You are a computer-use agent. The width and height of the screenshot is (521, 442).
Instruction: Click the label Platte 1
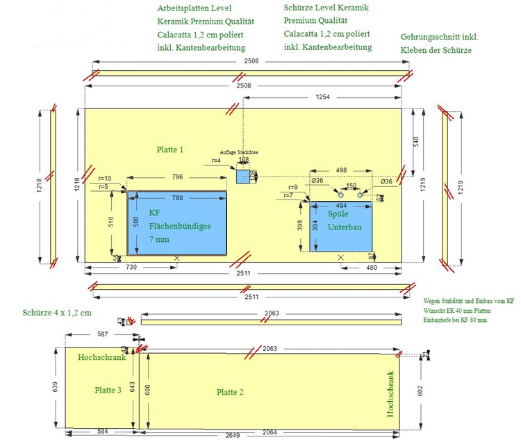pyautogui.click(x=170, y=149)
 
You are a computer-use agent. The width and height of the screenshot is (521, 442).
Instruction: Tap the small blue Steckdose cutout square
pyautogui.click(x=242, y=177)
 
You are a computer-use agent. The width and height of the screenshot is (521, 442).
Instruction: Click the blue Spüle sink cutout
pyautogui.click(x=341, y=227)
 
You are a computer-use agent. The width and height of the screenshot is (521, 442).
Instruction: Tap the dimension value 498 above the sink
pyautogui.click(x=341, y=170)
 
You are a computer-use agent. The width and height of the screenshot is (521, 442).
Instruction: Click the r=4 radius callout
pyautogui.click(x=217, y=161)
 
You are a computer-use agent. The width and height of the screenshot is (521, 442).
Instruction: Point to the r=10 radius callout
pyautogui.click(x=105, y=179)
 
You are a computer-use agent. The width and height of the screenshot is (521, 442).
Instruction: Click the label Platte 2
pyautogui.click(x=230, y=393)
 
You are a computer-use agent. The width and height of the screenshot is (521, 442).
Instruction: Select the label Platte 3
pyautogui.click(x=108, y=390)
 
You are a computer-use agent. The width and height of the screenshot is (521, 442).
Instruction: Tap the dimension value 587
pyautogui.click(x=103, y=334)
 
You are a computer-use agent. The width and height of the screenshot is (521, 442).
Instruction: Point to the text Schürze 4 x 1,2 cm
pyautogui.click(x=57, y=312)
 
